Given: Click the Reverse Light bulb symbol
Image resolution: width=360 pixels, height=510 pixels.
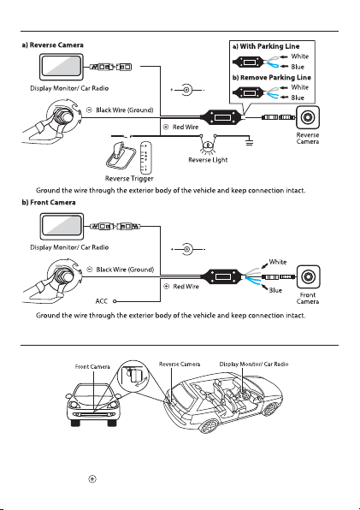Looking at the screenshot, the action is coord(208,145).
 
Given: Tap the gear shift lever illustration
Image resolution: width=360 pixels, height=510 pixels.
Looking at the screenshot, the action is coord(121,156).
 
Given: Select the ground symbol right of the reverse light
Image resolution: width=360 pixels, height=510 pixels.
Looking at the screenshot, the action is coord(249,142).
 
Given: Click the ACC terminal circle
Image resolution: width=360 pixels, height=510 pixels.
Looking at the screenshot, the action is coord(115,301).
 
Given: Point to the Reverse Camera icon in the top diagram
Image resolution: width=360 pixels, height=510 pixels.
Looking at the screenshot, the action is coord(307,117).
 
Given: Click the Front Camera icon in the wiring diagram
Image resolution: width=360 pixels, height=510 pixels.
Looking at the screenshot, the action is coord(308,276).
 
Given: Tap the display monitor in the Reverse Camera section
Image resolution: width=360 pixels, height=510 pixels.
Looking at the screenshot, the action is coord(62,67).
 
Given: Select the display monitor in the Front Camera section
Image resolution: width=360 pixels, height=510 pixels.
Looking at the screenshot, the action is coord(62,227).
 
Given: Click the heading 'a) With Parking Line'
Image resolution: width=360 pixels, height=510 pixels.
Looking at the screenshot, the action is coord(266,46).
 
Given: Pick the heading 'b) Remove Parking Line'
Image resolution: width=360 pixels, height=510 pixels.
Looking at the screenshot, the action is coord(272,77).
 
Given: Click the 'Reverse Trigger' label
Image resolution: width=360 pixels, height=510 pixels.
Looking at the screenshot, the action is coord(129,179).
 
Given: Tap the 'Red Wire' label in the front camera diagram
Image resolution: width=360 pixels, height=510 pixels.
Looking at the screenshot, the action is coord(186,287).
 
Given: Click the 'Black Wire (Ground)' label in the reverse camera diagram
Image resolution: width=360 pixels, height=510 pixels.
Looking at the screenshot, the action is coord(125,110).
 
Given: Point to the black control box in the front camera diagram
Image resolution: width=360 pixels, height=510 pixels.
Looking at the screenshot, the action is coord(221,277).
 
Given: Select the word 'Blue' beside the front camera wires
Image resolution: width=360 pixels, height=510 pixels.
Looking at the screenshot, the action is coord(275,290).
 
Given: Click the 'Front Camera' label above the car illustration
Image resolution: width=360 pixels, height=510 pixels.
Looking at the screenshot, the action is coord(92,367).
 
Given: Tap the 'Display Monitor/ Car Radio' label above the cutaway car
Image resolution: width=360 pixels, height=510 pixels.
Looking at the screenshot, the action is coord(254,364).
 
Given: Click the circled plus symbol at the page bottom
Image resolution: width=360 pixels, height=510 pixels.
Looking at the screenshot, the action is coord(92,479).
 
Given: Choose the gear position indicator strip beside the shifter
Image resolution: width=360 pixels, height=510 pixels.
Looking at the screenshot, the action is coord(145,158).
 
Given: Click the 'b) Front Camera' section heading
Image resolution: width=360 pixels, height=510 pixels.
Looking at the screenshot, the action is coord(49,202).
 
